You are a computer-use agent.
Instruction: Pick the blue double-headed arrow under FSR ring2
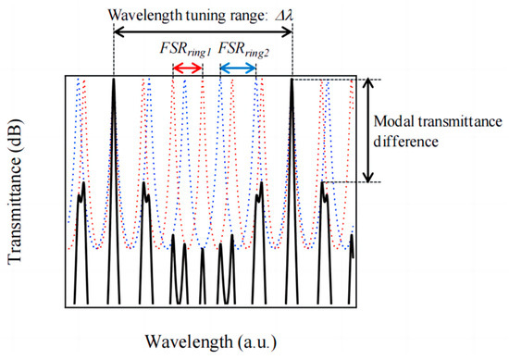tap(238, 68)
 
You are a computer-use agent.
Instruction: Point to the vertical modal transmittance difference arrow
tap(368, 129)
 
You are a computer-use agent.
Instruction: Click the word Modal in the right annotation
tap(397, 120)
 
